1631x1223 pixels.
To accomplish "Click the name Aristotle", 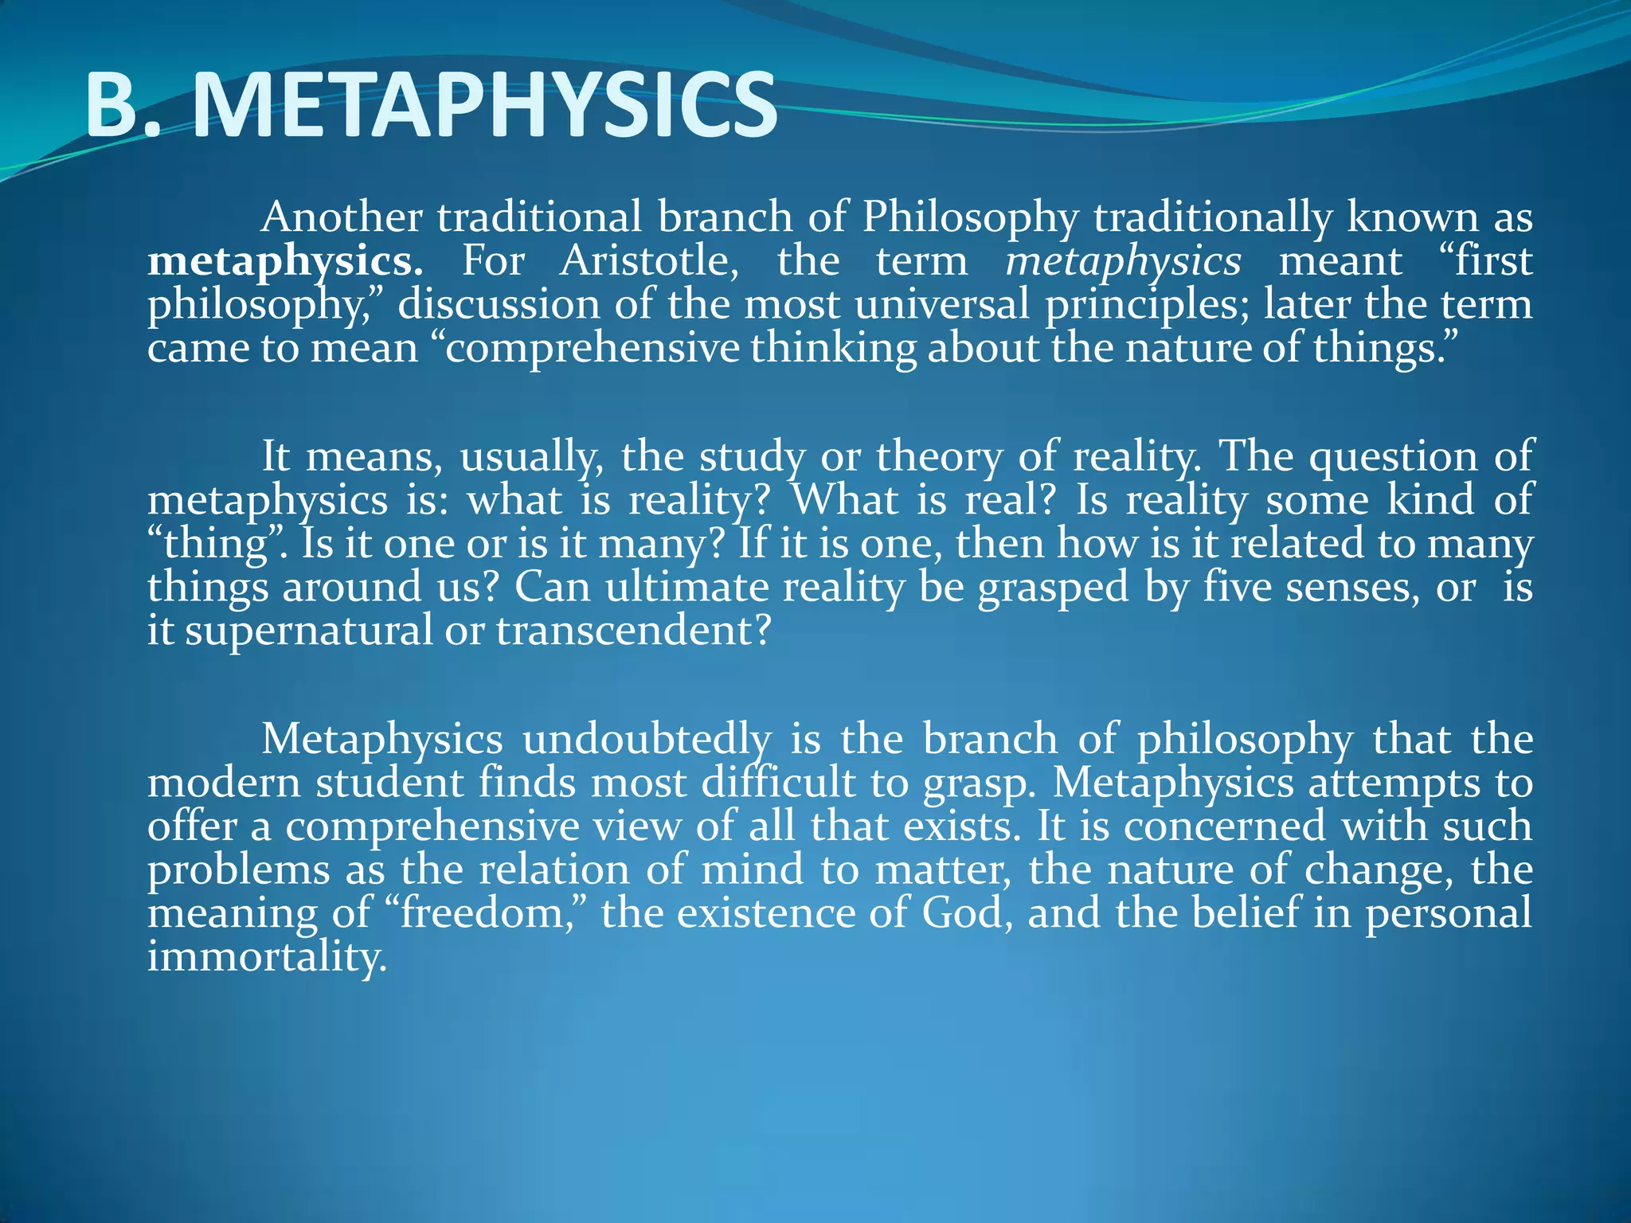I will click(648, 260).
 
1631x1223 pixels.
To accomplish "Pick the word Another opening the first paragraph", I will click(342, 217).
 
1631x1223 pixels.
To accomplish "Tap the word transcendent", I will click(633, 631).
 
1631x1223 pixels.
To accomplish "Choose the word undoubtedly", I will click(647, 740).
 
